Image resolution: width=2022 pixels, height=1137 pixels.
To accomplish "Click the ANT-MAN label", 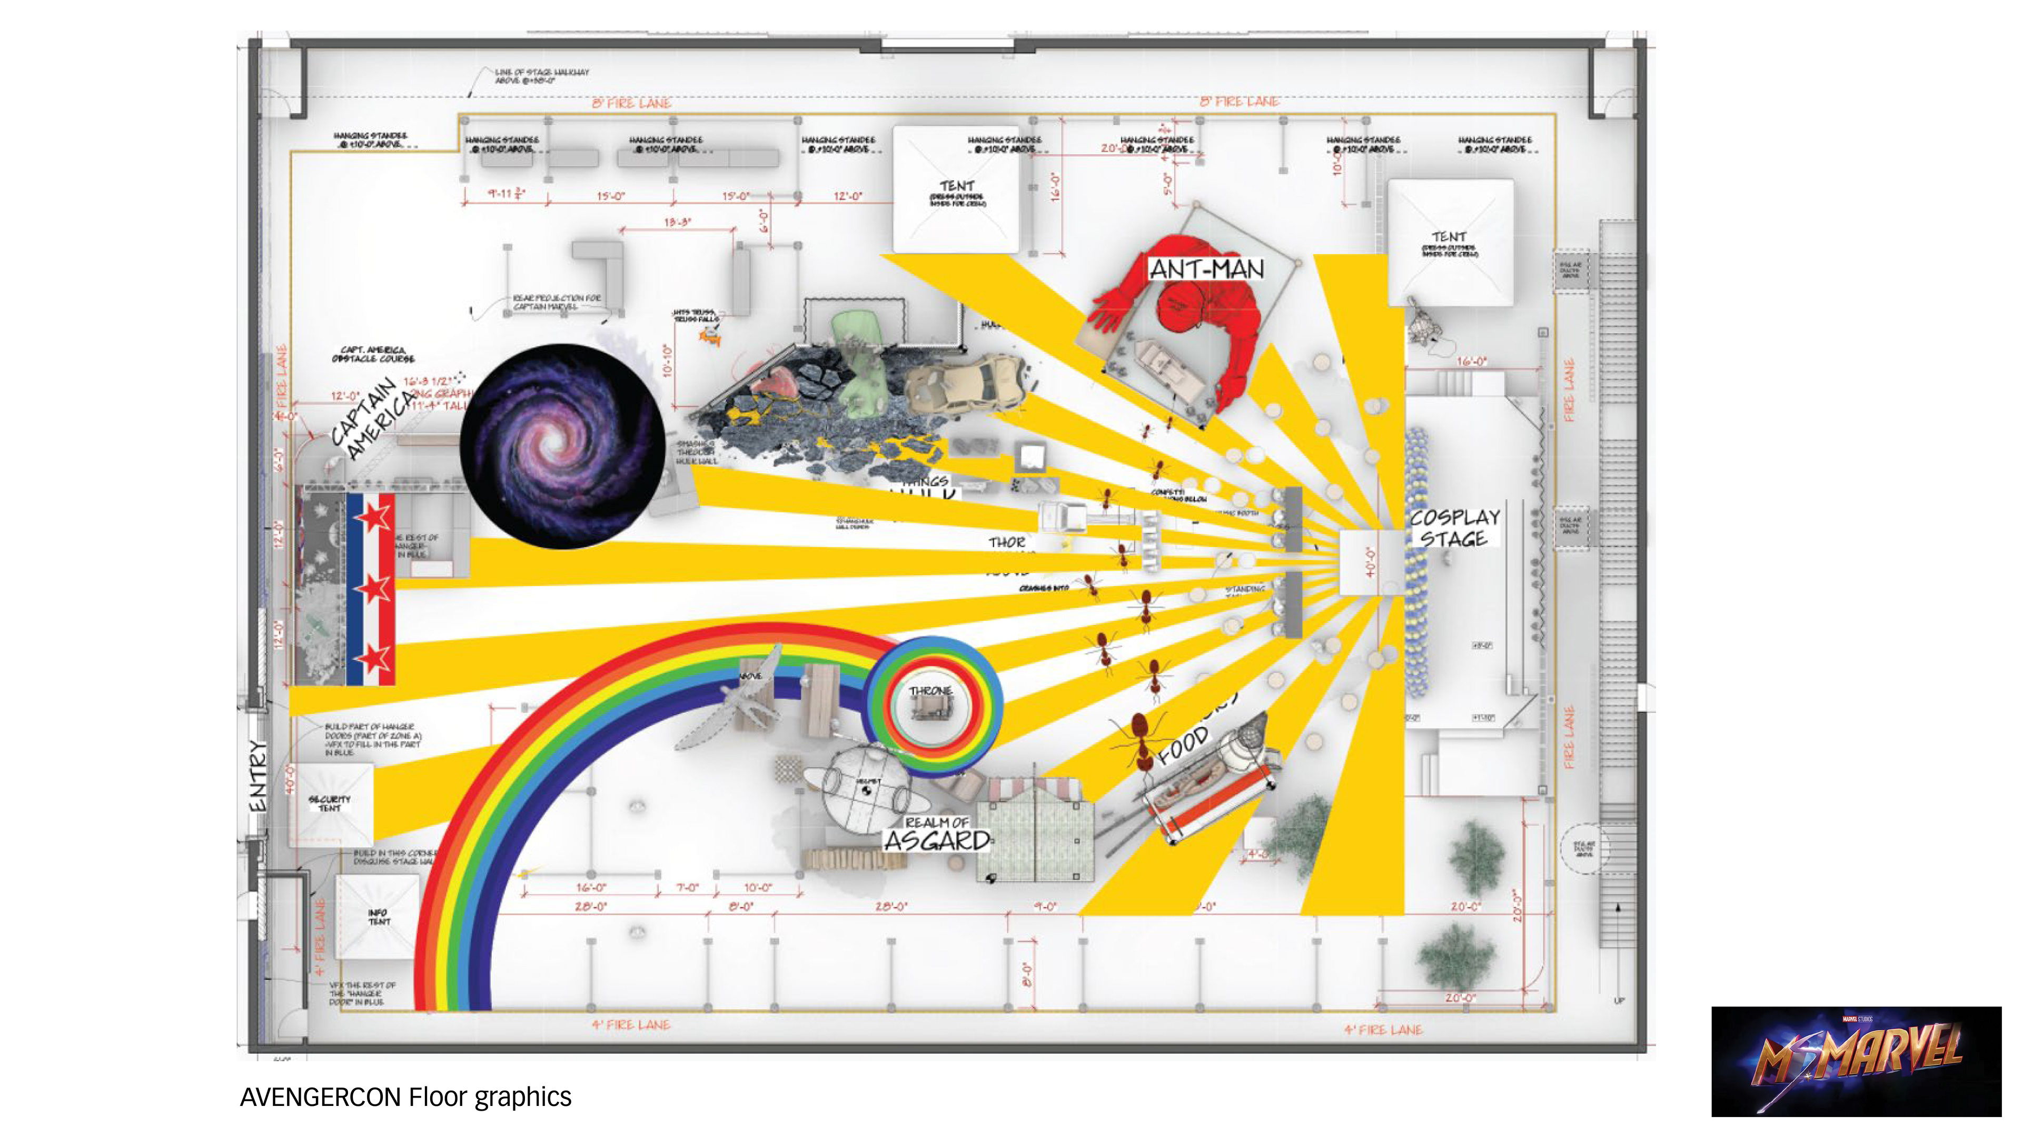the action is (x=1206, y=269).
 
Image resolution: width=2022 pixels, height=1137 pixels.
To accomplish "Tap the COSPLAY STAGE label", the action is (x=1454, y=528).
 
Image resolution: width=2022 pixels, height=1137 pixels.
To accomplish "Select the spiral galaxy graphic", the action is (x=562, y=446).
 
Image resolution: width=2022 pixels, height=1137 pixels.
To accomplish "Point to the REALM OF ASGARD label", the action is (x=937, y=835).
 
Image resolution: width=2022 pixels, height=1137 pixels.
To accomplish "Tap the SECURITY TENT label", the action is (x=329, y=803).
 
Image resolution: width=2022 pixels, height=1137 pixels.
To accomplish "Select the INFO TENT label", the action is (x=379, y=916).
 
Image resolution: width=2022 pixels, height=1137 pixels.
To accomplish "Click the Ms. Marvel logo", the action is (x=1856, y=1061).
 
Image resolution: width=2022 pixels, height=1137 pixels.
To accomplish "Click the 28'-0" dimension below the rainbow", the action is (x=590, y=906).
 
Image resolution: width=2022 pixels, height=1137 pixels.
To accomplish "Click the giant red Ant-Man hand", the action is (x=1107, y=310).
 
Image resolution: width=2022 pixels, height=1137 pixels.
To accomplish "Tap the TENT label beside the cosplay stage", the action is (x=1448, y=236).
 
